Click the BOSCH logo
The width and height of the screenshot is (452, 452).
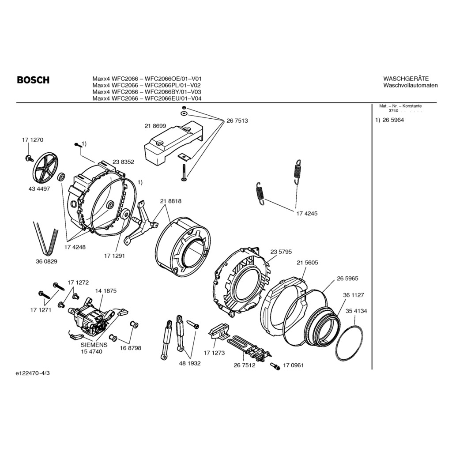33,80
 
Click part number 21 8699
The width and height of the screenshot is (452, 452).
155,126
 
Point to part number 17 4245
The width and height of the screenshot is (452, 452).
307,213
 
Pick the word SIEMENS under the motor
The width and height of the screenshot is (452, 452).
94,345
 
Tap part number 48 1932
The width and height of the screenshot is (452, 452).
190,363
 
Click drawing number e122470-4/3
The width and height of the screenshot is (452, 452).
33,373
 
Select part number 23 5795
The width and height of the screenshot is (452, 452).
281,252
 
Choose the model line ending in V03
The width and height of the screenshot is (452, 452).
147,92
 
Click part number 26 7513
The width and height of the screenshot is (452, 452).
237,121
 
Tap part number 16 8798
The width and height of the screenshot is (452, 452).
131,348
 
